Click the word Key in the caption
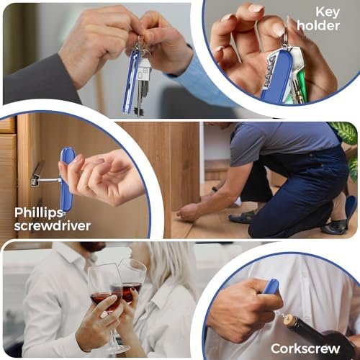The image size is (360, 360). click(328, 12)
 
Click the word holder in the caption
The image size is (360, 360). click(318, 25)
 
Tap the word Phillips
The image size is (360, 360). click(39, 213)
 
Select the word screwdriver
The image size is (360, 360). click(53, 226)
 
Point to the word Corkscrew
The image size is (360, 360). click(305, 348)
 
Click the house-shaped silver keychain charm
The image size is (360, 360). click(143, 69)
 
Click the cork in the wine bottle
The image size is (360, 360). click(289, 320)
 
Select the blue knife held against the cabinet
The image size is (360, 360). click(67, 179)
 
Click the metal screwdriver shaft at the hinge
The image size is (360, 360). click(45, 181)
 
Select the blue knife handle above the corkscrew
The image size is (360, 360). click(271, 286)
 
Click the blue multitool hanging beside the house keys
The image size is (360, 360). click(130, 81)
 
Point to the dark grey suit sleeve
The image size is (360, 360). click(42, 81)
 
